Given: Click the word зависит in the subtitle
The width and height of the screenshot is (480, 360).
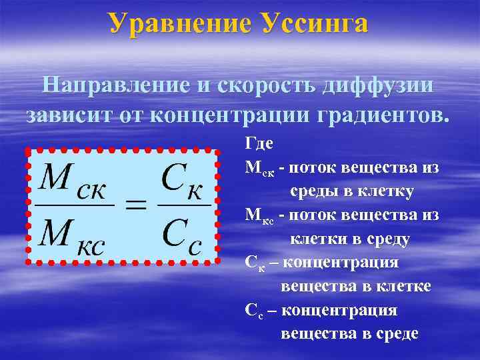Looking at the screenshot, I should [71, 115].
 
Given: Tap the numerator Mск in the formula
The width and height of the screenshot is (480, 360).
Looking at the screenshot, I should [74, 179].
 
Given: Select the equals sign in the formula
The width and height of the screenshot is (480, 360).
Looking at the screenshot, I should [137, 206].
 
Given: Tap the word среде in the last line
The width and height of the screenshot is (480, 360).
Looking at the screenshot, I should [394, 334].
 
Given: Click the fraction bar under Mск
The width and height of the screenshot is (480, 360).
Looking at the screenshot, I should [74, 205].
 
